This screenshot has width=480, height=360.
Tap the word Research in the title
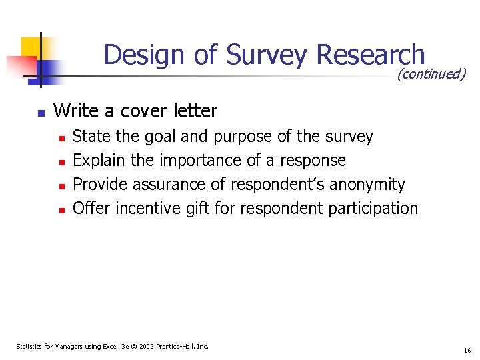[371, 55]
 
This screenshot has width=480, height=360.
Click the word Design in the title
[144, 55]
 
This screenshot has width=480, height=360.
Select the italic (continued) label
[431, 74]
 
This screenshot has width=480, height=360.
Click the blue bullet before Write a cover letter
[41, 113]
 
